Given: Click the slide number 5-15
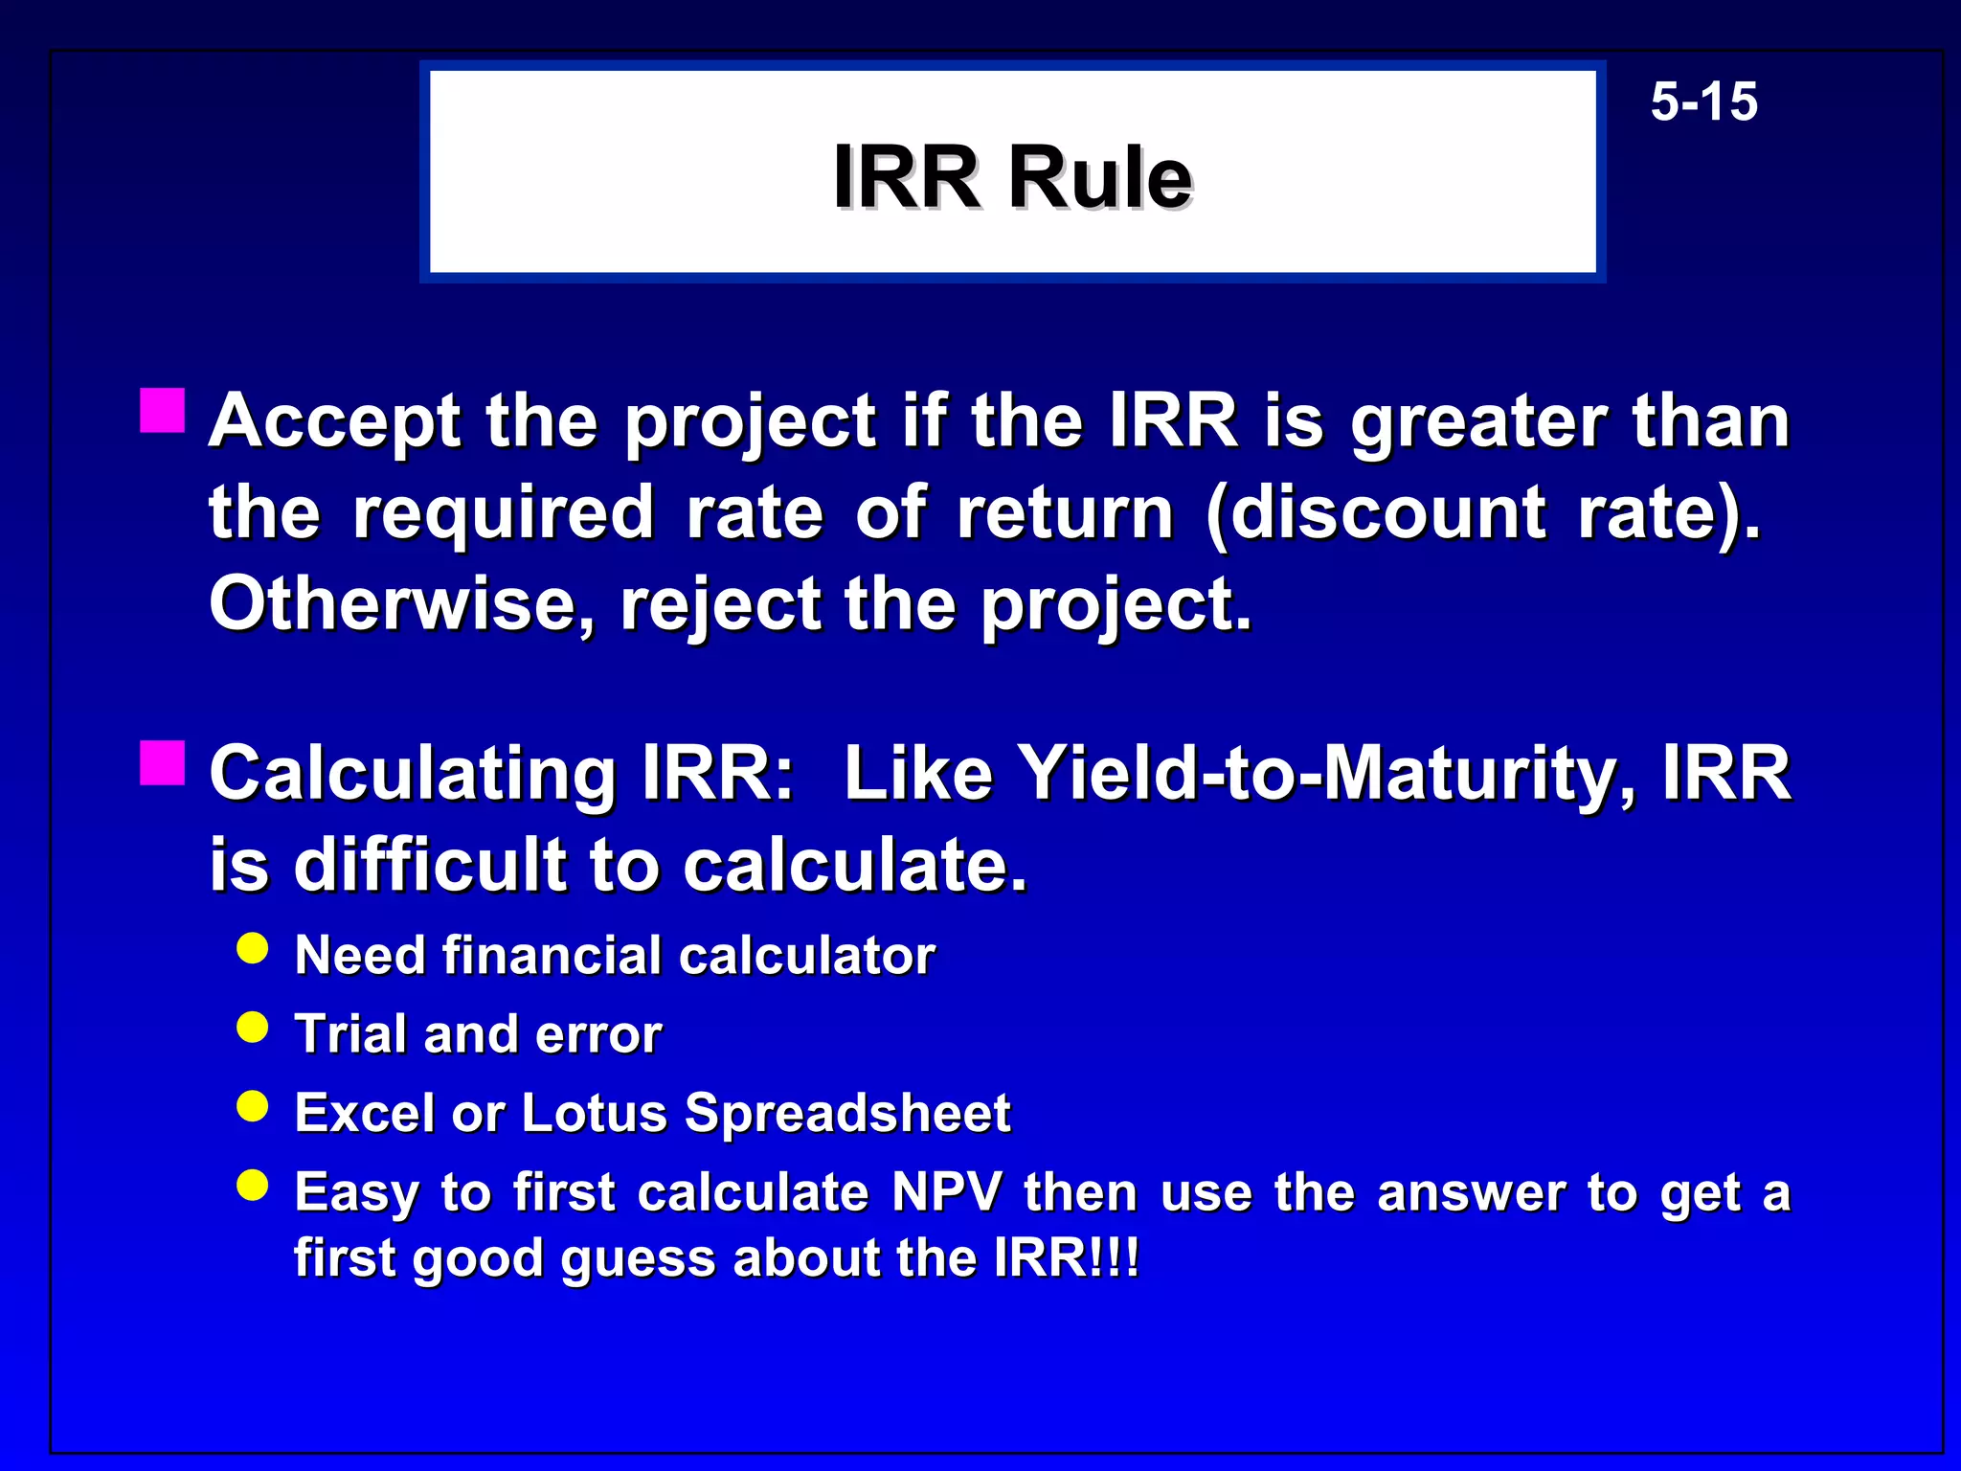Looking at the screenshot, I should click(x=1703, y=102).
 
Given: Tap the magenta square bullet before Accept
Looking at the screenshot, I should click(x=162, y=411).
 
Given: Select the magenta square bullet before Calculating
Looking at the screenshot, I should click(x=162, y=762).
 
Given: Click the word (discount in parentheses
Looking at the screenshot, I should click(x=1376, y=513).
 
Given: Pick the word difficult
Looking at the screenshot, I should click(x=431, y=865).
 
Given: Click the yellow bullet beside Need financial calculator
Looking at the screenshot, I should click(x=253, y=948).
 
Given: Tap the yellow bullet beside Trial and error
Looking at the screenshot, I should click(x=253, y=1028).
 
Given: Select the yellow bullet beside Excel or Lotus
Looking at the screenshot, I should click(x=253, y=1107).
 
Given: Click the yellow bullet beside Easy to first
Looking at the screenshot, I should click(x=253, y=1186).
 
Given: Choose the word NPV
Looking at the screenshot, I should click(x=947, y=1192).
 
